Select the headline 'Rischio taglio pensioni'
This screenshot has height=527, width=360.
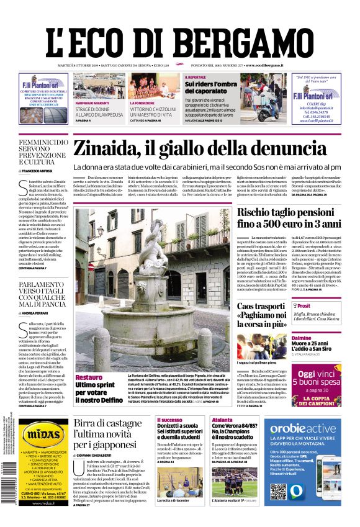289,212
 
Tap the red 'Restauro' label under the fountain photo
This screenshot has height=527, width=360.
89,377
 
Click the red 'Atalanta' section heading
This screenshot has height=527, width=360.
222,420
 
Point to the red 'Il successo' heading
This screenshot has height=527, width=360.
170,420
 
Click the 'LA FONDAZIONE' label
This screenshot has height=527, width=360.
143,102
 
